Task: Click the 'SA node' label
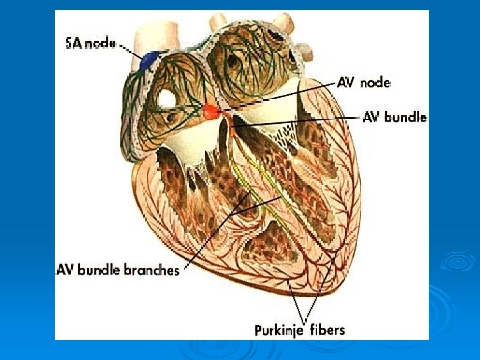[91, 44]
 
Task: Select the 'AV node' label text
[365, 83]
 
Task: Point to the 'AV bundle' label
[395, 117]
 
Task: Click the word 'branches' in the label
[155, 270]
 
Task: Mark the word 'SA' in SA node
[73, 44]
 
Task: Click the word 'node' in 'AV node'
[376, 83]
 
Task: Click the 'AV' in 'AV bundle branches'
[65, 270]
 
